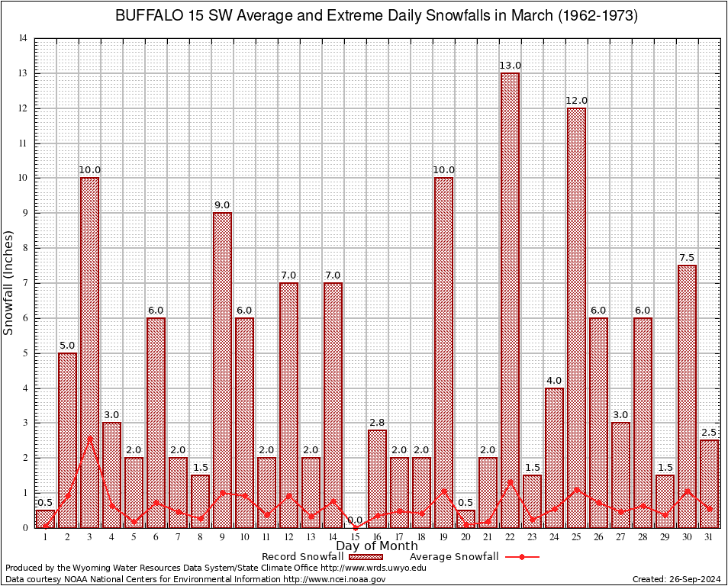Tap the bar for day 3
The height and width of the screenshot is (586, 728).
(x=89, y=352)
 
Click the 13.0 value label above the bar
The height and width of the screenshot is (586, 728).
(x=510, y=66)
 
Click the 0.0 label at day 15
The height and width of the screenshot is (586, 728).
(x=355, y=520)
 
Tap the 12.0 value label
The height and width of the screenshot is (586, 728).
(x=576, y=101)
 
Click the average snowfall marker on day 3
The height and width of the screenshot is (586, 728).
(x=89, y=438)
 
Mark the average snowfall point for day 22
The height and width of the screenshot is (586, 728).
(x=510, y=481)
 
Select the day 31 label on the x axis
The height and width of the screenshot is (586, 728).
(x=709, y=537)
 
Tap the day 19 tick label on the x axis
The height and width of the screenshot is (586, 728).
(x=443, y=537)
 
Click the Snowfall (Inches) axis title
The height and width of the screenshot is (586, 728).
(x=9, y=283)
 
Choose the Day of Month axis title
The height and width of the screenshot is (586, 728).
(x=376, y=546)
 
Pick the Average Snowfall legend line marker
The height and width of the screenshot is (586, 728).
(x=522, y=557)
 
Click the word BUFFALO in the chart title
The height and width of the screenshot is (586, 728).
(x=145, y=16)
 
